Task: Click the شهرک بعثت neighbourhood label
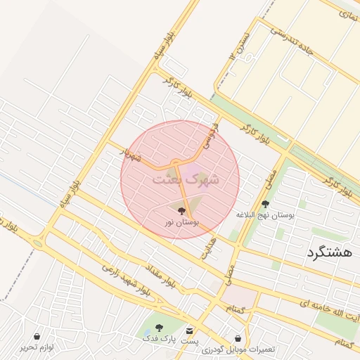pos(186,179)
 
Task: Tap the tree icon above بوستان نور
pos(181,210)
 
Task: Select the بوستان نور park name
pos(181,222)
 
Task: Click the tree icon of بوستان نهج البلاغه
pos(265,203)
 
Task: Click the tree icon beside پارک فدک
pos(158,328)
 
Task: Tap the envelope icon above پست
pos(189,330)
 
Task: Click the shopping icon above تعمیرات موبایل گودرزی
pos(238,338)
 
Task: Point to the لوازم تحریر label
pos(37,347)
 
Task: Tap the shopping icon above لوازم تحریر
pos(37,336)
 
